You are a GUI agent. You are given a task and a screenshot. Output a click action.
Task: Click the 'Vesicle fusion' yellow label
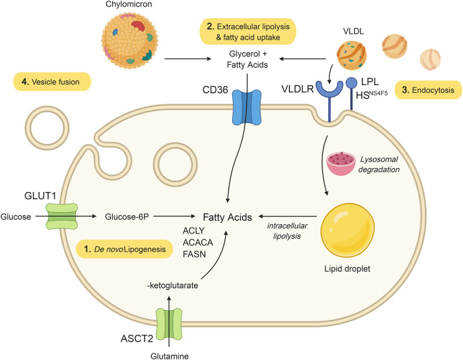click(x=51, y=82)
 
